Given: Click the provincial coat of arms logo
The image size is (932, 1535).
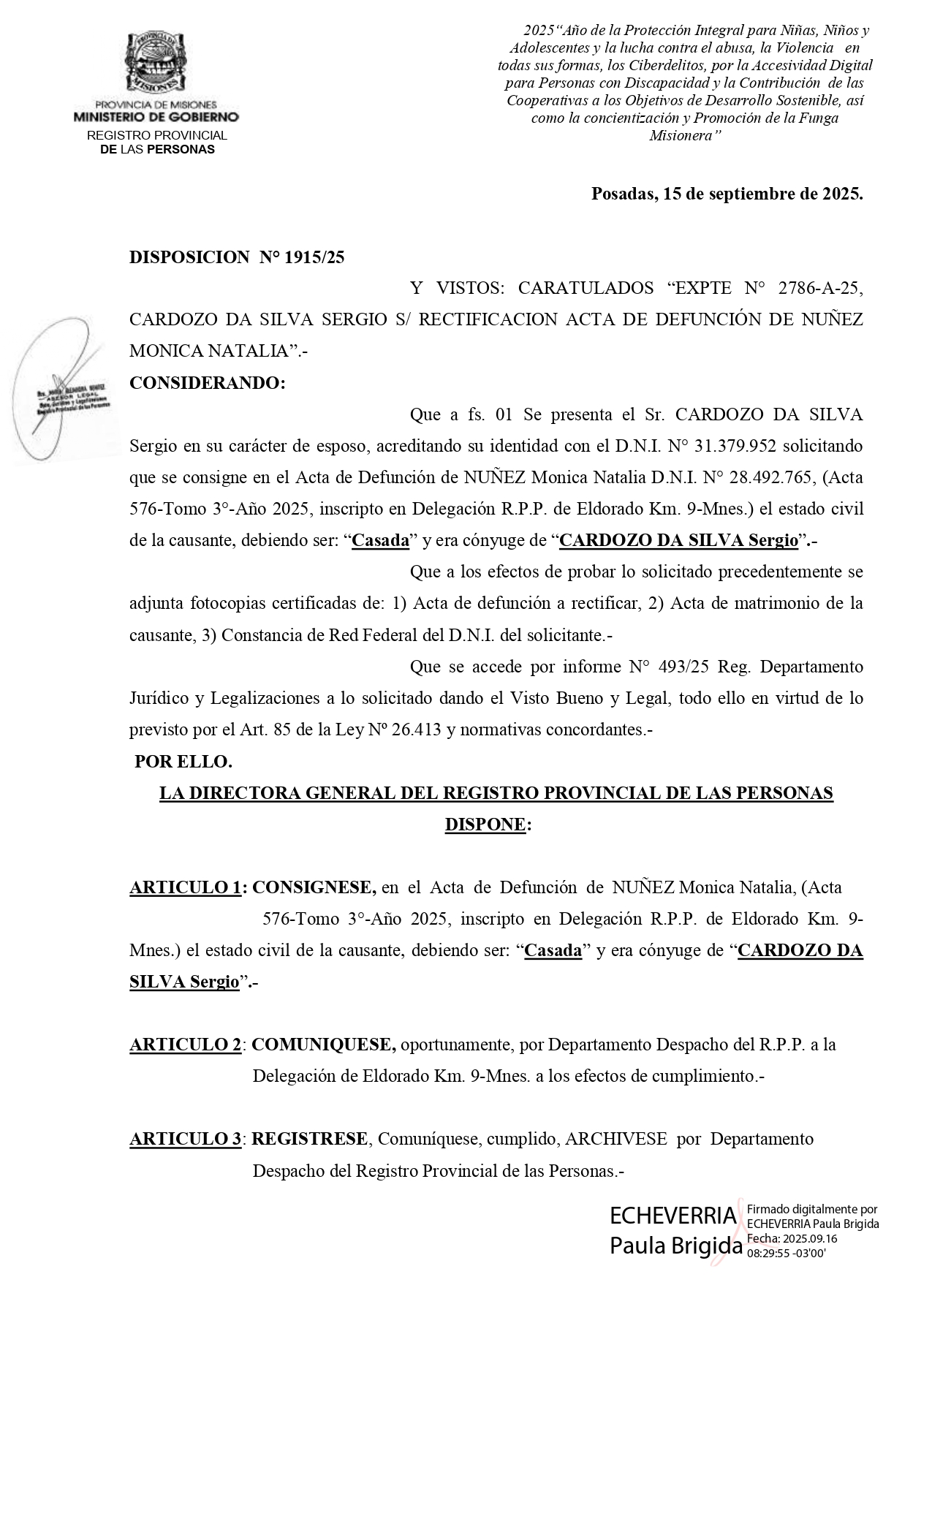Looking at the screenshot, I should point(154,64).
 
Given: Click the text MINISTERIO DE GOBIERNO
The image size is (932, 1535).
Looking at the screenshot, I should point(156,117).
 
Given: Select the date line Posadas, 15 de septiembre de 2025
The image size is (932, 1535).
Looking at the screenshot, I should point(727,194).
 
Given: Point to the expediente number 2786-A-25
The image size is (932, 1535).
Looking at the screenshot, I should point(820,288).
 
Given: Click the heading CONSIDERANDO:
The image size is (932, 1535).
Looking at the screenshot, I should point(208,383).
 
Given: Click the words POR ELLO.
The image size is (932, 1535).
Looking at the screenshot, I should point(183,762).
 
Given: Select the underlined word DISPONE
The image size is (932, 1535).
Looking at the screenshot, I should point(485,825).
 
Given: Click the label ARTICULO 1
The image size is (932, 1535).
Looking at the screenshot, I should point(186,888).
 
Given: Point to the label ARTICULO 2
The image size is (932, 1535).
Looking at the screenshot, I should point(186,1045).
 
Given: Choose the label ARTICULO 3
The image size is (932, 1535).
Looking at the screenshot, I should point(186,1139).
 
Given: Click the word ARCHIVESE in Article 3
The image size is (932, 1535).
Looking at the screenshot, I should point(616,1139).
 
